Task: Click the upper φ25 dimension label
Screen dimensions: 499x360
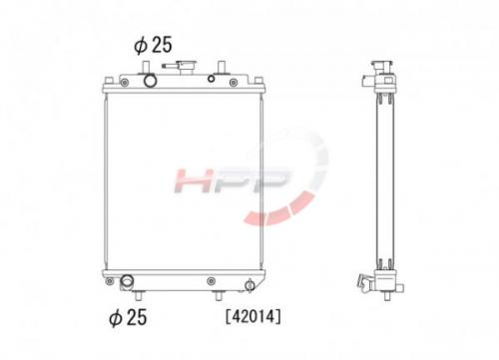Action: [x=153, y=45]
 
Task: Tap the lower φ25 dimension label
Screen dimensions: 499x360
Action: [x=128, y=317]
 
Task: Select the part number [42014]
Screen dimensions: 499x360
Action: [x=253, y=316]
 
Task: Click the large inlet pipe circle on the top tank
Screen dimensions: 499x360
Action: [x=150, y=81]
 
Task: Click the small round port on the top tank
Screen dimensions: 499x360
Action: [x=211, y=79]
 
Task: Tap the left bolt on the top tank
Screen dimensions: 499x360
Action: [x=125, y=82]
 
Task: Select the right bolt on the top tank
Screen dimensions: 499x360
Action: [x=234, y=82]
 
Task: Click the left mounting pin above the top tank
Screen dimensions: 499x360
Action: [x=145, y=67]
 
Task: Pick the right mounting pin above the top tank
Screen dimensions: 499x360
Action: [x=220, y=67]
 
